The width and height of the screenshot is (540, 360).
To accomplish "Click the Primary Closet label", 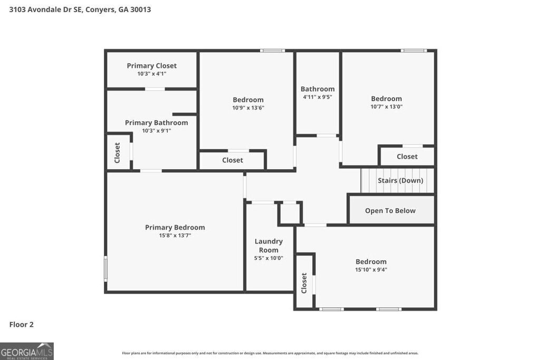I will pyautogui.click(x=151, y=66).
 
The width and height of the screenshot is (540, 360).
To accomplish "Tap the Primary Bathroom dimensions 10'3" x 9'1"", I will pyautogui.click(x=156, y=131).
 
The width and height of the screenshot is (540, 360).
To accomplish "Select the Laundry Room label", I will pyautogui.click(x=268, y=246).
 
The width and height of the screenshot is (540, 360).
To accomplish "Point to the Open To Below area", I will pyautogui.click(x=390, y=211).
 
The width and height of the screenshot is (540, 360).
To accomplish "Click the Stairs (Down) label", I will pyautogui.click(x=400, y=181).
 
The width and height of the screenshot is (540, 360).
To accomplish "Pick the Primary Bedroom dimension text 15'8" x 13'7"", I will pyautogui.click(x=175, y=236).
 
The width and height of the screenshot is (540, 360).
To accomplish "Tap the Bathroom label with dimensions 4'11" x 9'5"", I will pyautogui.click(x=317, y=89).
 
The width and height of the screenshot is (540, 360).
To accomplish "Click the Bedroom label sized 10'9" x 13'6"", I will pyautogui.click(x=248, y=100).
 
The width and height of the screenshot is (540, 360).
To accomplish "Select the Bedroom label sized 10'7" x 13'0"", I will pyautogui.click(x=386, y=99).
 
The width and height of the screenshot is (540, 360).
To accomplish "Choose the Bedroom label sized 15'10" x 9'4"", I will pyautogui.click(x=371, y=261).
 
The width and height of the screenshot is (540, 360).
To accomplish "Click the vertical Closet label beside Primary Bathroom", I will pyautogui.click(x=117, y=152).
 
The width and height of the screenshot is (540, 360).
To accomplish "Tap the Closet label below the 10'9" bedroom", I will pyautogui.click(x=233, y=160).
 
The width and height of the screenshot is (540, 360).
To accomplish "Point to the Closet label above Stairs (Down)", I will pyautogui.click(x=407, y=157).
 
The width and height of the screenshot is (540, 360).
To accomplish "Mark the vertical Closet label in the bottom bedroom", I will pyautogui.click(x=304, y=283).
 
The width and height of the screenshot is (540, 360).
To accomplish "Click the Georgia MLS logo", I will pyautogui.click(x=27, y=351).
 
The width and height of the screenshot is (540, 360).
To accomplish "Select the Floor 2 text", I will pyautogui.click(x=22, y=325).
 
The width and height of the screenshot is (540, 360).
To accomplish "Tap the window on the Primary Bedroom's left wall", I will pyautogui.click(x=105, y=268).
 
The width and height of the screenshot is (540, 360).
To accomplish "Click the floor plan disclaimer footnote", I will pyautogui.click(x=270, y=353).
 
